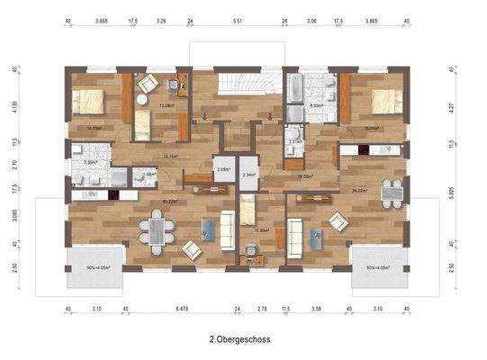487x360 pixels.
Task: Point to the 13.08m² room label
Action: tap(166, 105)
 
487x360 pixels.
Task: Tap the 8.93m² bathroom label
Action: tap(317, 105)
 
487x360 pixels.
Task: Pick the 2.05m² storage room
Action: tap(222, 169)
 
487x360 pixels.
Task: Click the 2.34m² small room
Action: tap(251, 175)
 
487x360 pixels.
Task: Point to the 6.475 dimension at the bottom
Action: tap(181, 309)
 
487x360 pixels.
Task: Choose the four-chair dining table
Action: tap(389, 190)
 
